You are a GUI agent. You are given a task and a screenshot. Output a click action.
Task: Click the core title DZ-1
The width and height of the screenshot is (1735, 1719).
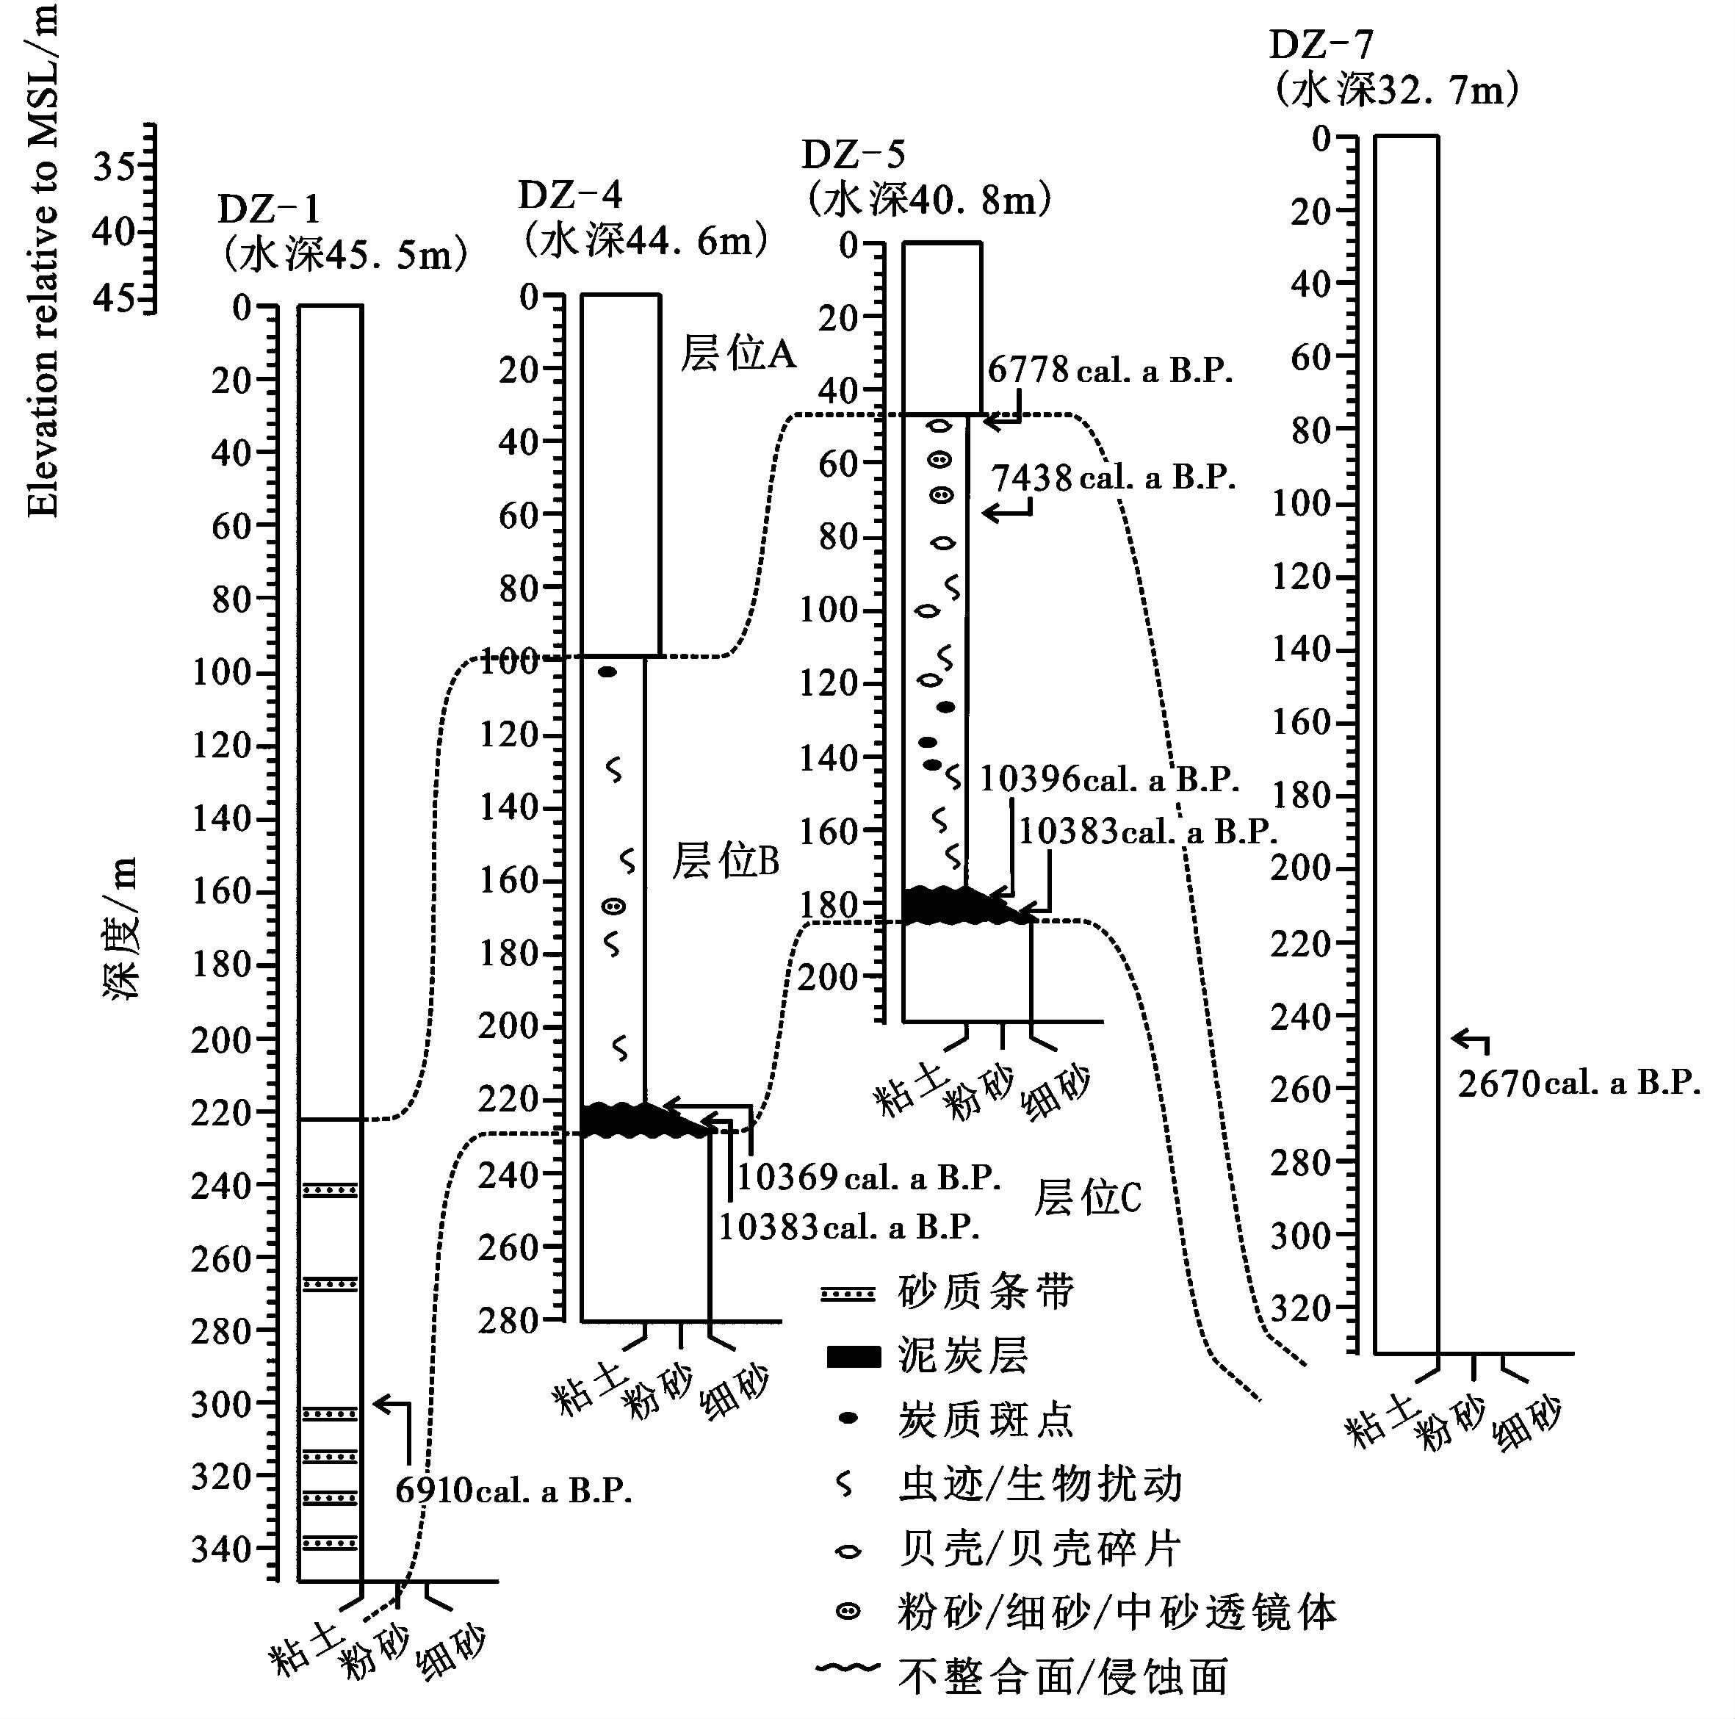[269, 210]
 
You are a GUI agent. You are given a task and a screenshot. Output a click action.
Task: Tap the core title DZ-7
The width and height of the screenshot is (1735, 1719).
[1320, 45]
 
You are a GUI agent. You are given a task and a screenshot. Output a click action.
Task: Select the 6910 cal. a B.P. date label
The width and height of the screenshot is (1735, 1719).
[513, 1490]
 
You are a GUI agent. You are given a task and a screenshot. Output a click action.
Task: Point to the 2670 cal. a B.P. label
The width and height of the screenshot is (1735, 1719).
[1579, 1083]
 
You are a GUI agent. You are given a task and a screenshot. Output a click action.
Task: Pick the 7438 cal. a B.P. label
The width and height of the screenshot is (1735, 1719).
[1114, 478]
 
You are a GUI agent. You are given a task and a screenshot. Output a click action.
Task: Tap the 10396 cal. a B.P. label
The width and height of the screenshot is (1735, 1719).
[1109, 779]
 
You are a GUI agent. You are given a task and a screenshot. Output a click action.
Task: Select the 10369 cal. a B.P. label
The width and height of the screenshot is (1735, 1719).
[868, 1177]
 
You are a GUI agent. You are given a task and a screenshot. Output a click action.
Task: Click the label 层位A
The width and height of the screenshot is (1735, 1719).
[738, 353]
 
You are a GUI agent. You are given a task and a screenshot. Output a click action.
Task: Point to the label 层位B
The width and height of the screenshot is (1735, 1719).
[726, 860]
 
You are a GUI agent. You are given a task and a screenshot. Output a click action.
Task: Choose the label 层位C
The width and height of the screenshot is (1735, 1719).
[1088, 1197]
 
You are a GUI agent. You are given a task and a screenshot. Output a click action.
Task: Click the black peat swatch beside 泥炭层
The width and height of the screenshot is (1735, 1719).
[852, 1356]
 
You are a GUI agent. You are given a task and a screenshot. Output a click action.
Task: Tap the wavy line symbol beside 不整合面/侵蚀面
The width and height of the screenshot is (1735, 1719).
[848, 1668]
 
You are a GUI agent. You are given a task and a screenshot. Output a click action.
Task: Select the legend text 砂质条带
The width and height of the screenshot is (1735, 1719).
[986, 1291]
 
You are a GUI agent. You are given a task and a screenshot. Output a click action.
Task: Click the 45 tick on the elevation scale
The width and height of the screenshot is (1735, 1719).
[115, 298]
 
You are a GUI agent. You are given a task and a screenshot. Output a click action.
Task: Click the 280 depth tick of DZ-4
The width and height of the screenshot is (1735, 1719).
[510, 1321]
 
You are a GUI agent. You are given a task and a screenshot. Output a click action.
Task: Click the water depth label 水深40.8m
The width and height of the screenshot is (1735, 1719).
[928, 199]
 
